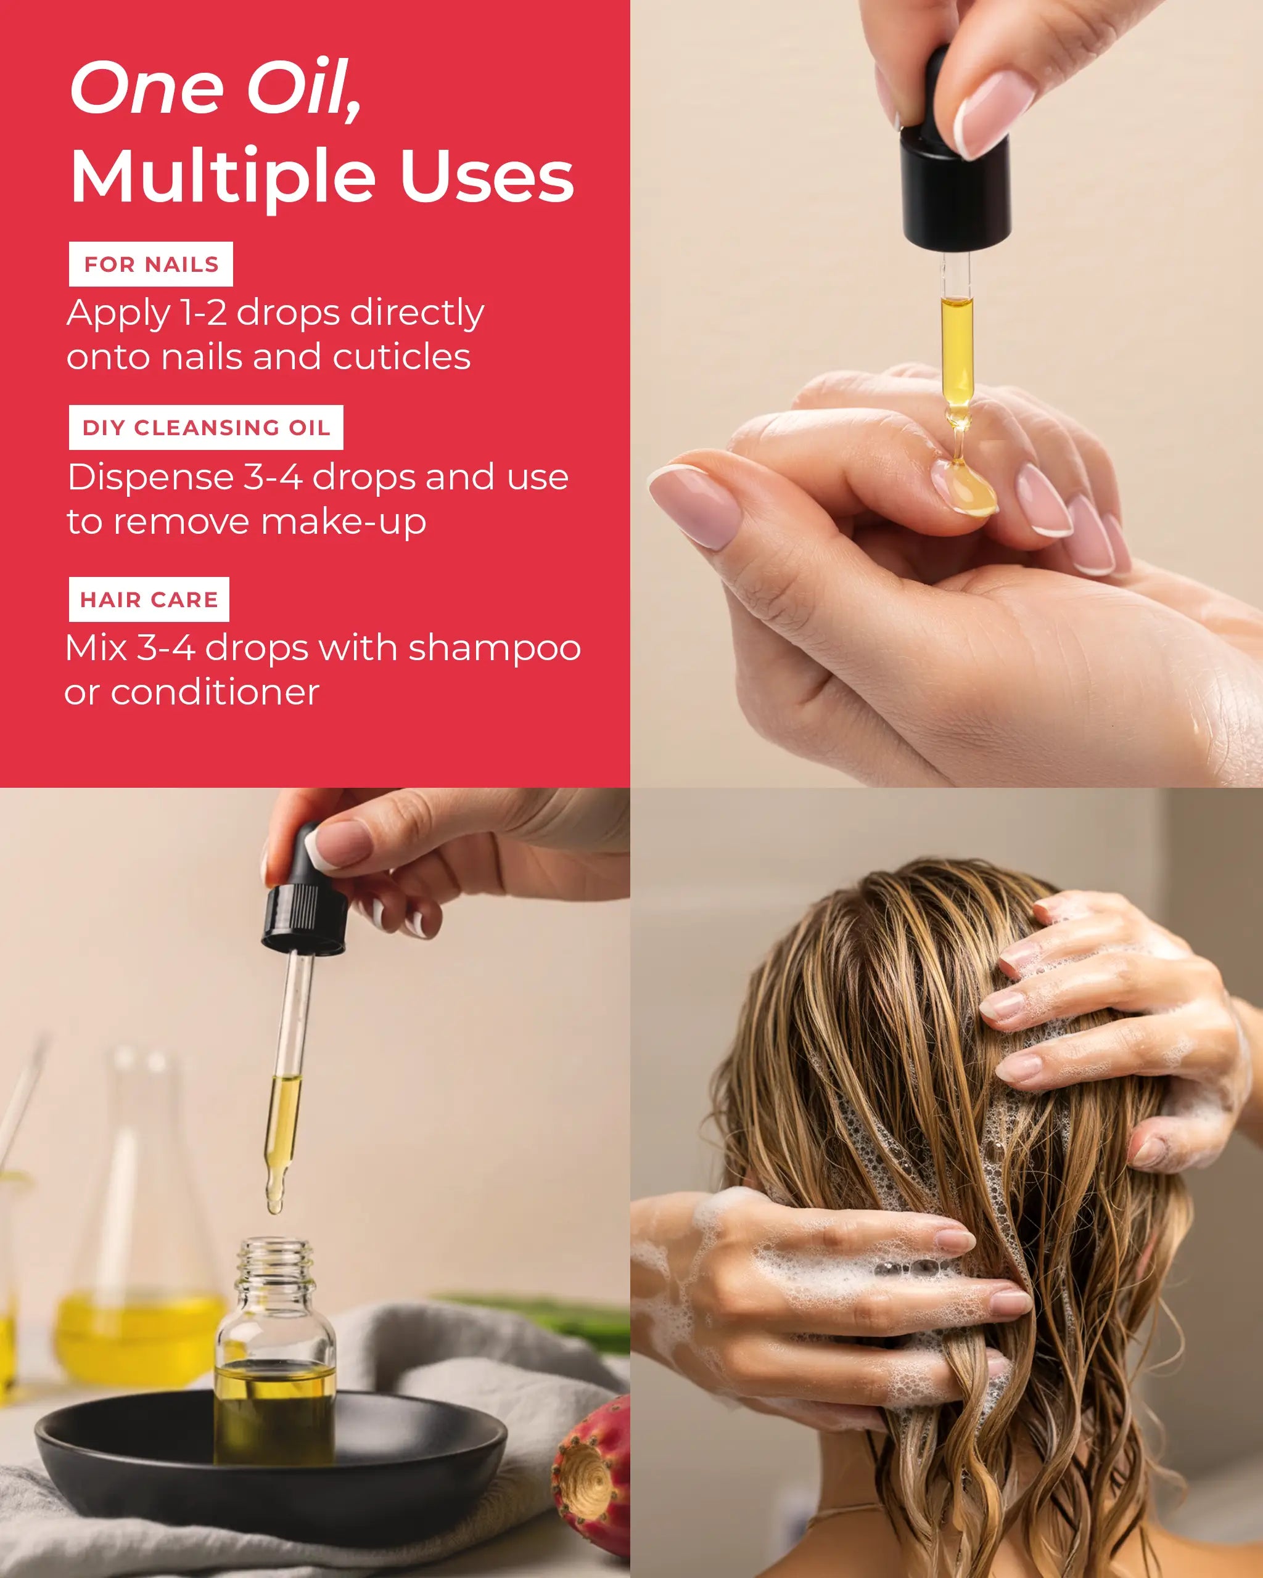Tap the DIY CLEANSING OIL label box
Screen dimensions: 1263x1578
206,427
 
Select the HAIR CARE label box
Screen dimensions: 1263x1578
149,599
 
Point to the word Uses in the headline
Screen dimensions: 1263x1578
487,176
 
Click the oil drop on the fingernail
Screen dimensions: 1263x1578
966,488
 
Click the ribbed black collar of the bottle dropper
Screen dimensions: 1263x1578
305,919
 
